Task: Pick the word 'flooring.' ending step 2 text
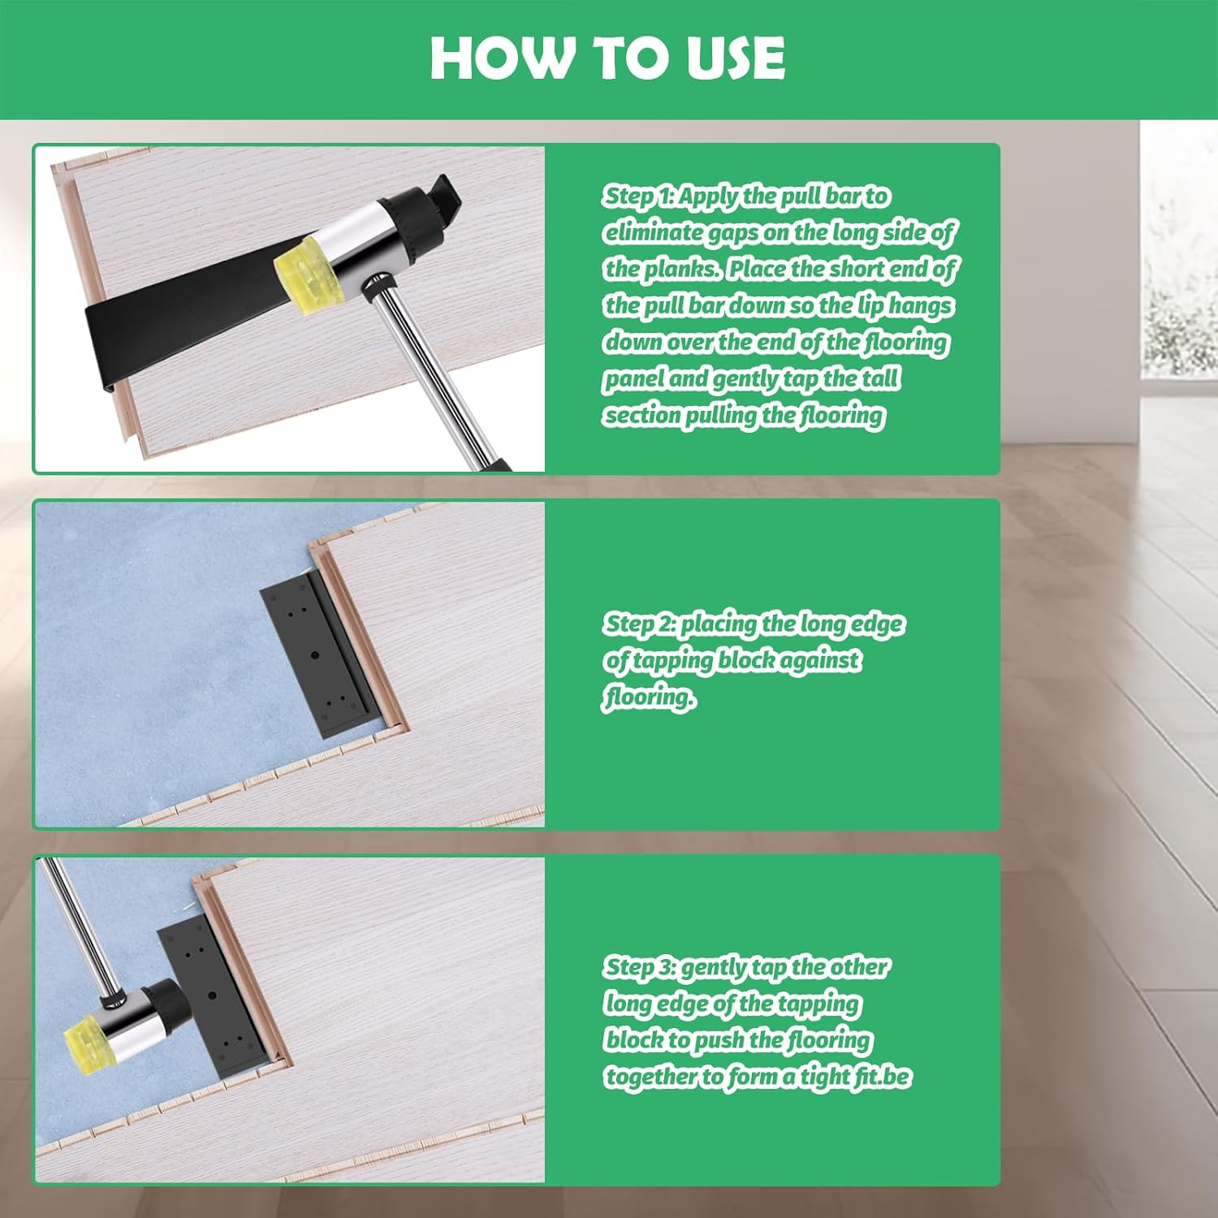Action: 648,697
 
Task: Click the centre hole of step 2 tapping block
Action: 313,654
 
